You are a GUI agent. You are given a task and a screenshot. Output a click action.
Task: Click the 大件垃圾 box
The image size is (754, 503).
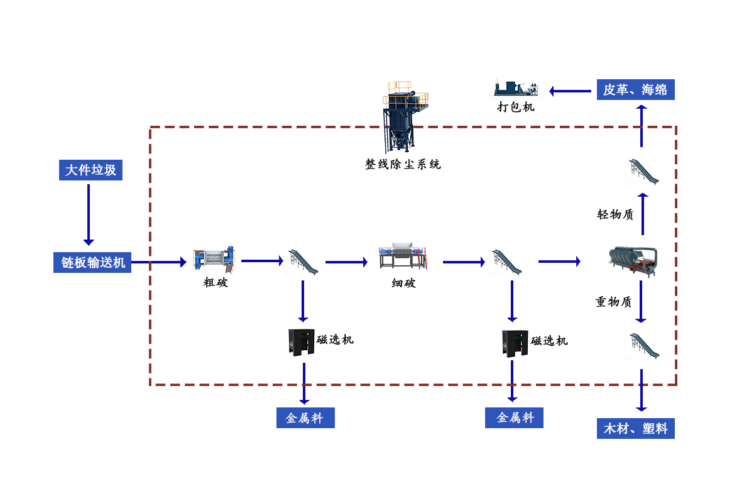coord(90,170)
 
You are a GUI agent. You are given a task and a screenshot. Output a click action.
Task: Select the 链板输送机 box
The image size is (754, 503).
coord(93,262)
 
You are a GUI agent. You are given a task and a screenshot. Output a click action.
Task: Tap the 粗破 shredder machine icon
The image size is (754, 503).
coord(214,260)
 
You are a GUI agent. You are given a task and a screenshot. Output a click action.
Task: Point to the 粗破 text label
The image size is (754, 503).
coord(215,283)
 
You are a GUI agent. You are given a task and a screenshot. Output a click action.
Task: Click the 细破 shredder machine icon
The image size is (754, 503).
coord(403,257)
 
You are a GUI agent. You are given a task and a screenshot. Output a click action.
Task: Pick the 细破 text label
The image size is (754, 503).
coord(403,283)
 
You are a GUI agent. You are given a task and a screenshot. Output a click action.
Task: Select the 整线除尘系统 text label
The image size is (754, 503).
coord(403,165)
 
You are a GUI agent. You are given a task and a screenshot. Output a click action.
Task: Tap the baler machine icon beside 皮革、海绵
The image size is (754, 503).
coord(515,89)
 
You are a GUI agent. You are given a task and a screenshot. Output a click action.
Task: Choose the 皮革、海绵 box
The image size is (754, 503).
coord(635,89)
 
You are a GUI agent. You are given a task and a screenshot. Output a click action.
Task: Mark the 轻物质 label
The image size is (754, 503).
coord(615,214)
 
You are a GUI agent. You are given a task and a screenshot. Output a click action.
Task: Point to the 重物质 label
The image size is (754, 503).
coord(613,302)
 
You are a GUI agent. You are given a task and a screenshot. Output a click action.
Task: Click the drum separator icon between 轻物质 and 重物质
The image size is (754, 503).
coord(633,262)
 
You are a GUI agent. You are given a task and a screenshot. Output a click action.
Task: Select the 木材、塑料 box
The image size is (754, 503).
coord(635,429)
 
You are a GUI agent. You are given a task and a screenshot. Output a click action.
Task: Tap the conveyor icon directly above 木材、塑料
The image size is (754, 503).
coord(642,345)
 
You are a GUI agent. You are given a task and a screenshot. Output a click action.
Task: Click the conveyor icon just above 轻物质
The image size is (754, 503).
coord(642,171)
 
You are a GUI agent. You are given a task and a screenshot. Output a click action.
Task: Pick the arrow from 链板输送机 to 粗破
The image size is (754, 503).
coord(167,262)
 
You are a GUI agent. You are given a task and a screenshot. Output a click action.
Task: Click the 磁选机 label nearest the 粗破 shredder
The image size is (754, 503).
coord(335,340)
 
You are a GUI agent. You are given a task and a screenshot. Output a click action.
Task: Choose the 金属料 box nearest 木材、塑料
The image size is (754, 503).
coord(514,417)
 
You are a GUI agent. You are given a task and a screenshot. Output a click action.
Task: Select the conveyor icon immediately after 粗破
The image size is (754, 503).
coord(302,262)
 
